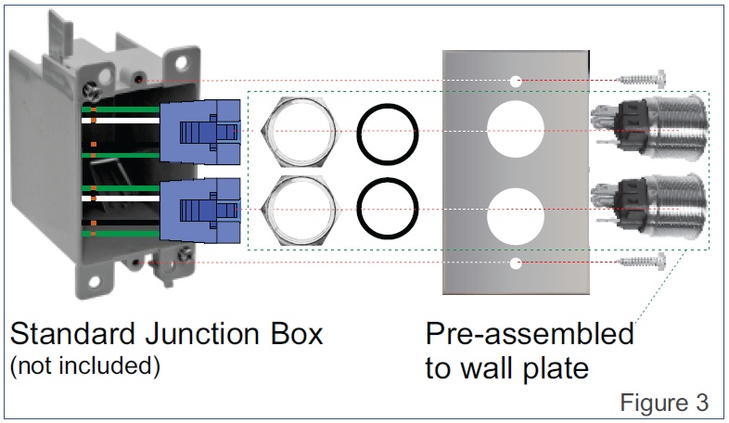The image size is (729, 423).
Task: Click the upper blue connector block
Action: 200,130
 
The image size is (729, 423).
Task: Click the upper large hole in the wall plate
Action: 515,130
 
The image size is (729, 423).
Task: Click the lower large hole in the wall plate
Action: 515,211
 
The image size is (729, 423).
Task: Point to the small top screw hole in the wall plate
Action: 515,83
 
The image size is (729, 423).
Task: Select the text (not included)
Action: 84,365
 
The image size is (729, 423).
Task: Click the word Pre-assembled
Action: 530,334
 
